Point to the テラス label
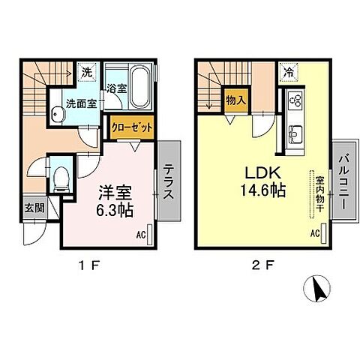pyautogui.click(x=169, y=181)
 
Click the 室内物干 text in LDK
pyautogui.click(x=319, y=193)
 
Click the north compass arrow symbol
pyautogui.click(x=317, y=288)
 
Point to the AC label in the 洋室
pyautogui.click(x=141, y=235)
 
